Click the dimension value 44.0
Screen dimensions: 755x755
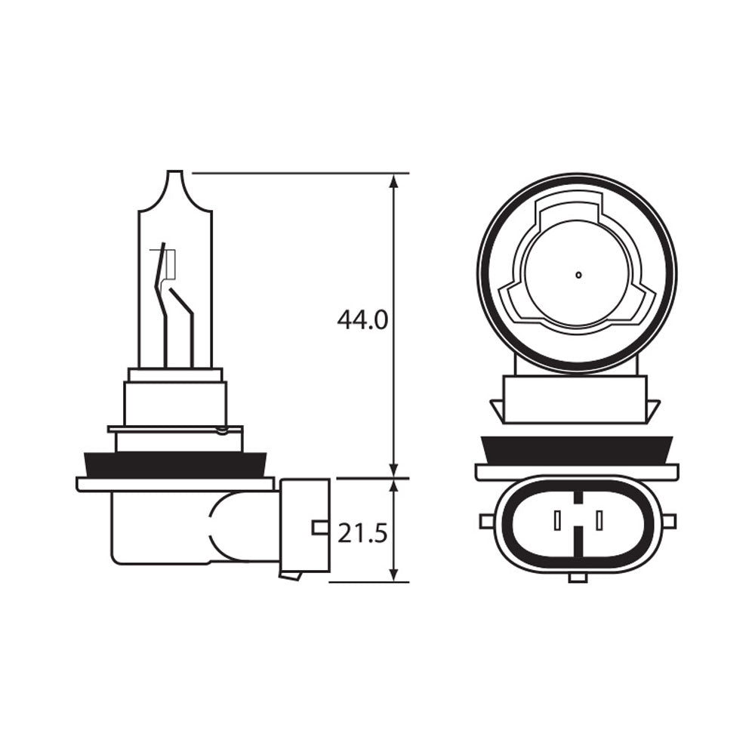[362, 320]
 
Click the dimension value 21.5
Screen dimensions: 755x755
[362, 534]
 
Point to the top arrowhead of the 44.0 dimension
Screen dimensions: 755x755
[393, 181]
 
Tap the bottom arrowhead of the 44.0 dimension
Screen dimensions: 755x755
[393, 470]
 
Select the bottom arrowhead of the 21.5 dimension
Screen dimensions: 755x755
[393, 575]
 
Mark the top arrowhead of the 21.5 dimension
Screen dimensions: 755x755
[393, 485]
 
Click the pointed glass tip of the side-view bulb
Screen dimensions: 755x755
[174, 174]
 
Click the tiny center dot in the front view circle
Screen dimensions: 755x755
[578, 275]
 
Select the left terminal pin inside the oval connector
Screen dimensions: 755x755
[557, 520]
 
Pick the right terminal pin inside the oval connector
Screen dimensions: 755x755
[599, 520]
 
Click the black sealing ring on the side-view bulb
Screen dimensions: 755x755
[175, 464]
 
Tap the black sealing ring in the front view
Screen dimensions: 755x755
[577, 450]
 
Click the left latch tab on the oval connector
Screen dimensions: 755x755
[485, 521]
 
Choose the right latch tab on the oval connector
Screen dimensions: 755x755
[669, 521]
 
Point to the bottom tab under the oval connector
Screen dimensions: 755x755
[578, 578]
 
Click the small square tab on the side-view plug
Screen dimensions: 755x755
[320, 527]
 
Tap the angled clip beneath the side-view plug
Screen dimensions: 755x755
[291, 576]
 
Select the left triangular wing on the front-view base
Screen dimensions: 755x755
[498, 410]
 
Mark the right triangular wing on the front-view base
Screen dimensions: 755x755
[653, 410]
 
